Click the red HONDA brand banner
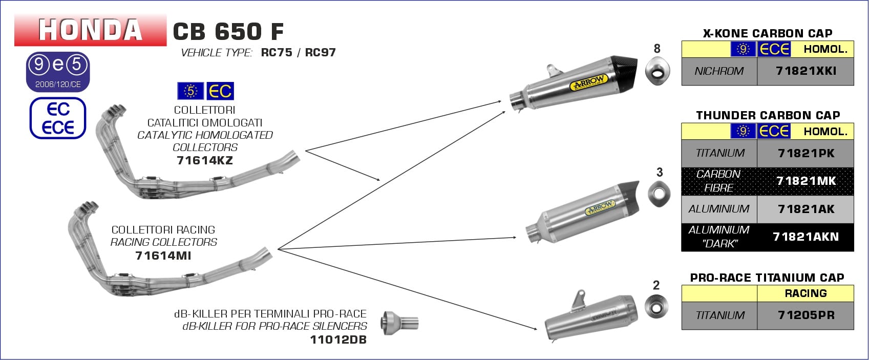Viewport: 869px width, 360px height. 90,30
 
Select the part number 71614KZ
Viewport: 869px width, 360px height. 204,160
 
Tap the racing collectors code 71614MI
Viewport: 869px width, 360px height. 163,255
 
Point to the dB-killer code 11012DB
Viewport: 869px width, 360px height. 338,340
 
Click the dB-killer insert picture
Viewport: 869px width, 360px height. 399,322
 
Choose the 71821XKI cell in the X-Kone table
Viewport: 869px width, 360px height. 806,71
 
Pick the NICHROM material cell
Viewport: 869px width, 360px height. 719,71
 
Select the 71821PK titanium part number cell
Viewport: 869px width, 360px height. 806,153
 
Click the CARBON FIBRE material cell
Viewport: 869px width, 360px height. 719,181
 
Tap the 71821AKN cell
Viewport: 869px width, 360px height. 806,237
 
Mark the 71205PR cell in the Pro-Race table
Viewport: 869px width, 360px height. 806,315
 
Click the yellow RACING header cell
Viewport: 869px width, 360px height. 806,293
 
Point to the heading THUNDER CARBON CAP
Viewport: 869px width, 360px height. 768,115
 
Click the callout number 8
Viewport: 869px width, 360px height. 657,49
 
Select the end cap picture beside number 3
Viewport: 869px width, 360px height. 659,195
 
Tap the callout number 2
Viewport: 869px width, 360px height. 656,285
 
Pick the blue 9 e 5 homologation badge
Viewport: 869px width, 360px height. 58,71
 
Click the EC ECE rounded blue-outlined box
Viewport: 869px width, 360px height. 58,118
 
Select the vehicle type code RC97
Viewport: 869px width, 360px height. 320,53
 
